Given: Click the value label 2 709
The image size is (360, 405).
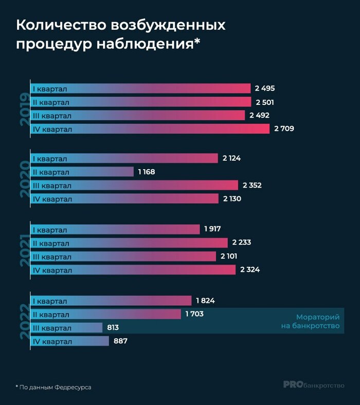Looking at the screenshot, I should tap(284, 128).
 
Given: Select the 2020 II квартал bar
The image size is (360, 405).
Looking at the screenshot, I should tap(82, 172).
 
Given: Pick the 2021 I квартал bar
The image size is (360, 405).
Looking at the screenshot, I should tap(115, 230).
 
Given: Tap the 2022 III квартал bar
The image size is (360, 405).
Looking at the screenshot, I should tap(67, 327).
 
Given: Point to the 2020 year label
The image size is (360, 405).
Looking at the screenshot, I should tap(24, 178).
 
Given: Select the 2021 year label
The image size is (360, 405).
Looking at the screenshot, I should tap(24, 249).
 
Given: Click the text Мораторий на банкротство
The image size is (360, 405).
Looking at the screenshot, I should tap(318, 321).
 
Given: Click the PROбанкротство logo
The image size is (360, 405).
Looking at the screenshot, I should tap(314, 384).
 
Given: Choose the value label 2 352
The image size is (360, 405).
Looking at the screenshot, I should tap(253, 185).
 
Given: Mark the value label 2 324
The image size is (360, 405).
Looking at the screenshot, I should tap(250, 269).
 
